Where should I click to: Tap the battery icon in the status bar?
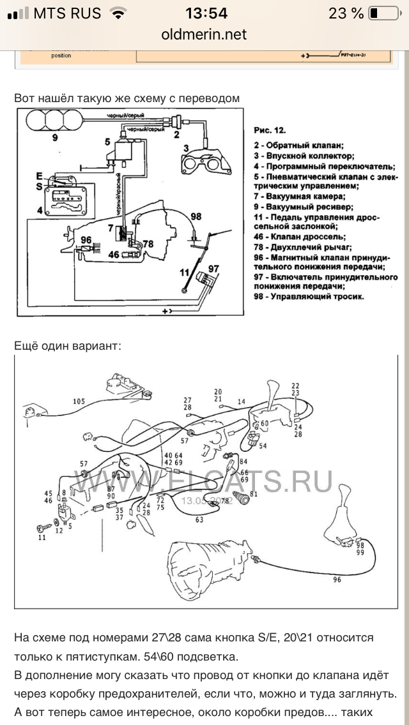click(x=383, y=13)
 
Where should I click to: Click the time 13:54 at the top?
click(x=206, y=13)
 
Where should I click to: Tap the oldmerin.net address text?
click(x=205, y=34)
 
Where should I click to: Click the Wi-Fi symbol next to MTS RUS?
click(x=118, y=13)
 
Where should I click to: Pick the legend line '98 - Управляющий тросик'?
click(x=309, y=297)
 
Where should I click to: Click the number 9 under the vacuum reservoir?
click(x=55, y=137)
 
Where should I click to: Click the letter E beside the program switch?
click(x=39, y=176)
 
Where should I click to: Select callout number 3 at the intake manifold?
click(x=185, y=148)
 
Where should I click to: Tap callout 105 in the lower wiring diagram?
click(x=78, y=401)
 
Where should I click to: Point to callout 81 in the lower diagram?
click(x=254, y=493)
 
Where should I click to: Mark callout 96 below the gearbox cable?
click(x=337, y=580)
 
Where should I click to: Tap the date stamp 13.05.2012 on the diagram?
click(x=206, y=501)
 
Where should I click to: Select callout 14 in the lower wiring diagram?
click(x=241, y=401)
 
